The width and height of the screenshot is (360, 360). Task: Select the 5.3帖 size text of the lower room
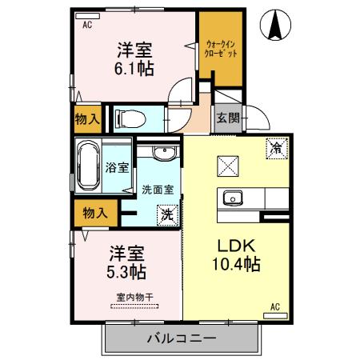(x=126, y=272)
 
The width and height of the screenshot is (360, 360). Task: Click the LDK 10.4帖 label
(x=232, y=254)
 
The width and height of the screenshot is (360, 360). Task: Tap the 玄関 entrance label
(x=227, y=118)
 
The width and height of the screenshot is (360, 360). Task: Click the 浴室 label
(x=117, y=169)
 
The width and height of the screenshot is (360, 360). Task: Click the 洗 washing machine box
(x=166, y=214)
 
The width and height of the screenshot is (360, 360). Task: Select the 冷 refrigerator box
(x=275, y=147)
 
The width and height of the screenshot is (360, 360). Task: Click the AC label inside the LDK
(x=274, y=306)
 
